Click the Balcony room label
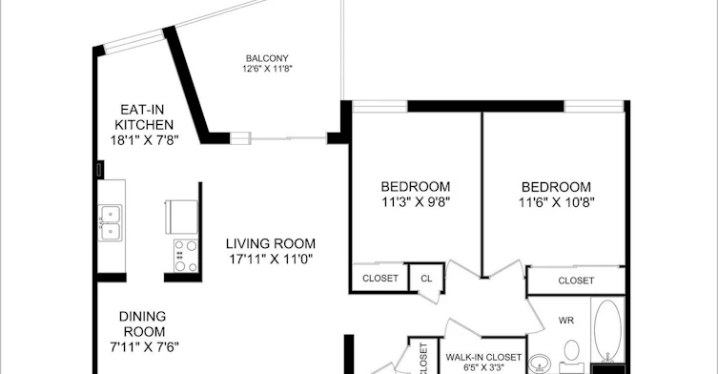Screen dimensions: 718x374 click(x=267, y=58)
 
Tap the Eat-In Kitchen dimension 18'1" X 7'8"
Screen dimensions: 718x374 click(x=144, y=140)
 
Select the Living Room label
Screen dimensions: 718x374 click(x=271, y=243)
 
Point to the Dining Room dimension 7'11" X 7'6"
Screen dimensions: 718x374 click(x=144, y=347)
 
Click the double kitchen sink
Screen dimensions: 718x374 click(x=111, y=222)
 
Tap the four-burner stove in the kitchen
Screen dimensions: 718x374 click(x=186, y=256)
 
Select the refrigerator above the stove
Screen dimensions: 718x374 click(x=182, y=217)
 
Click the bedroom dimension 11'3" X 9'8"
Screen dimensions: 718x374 click(x=416, y=202)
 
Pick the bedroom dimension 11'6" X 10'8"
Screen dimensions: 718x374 click(x=556, y=202)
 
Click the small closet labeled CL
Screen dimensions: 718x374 click(x=426, y=278)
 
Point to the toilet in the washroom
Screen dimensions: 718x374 click(x=571, y=356)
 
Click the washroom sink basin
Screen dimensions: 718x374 click(x=540, y=364)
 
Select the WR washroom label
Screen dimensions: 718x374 click(x=566, y=321)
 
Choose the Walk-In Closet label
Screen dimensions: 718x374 click(x=483, y=357)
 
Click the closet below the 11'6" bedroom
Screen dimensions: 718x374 click(x=576, y=280)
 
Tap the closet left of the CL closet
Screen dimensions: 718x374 click(x=380, y=278)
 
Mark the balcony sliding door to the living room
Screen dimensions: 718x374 click(x=289, y=137)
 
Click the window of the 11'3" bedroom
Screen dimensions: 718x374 click(x=380, y=106)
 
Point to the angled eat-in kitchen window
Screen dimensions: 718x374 click(x=133, y=41)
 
